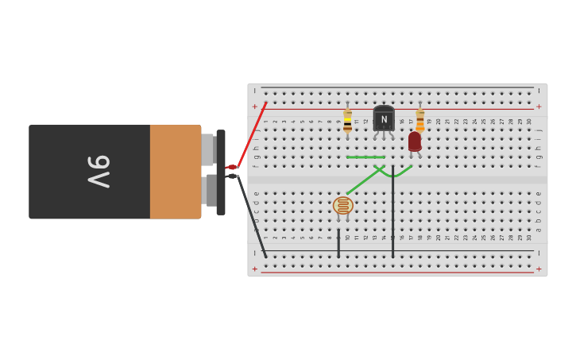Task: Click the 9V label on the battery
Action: click(x=99, y=172)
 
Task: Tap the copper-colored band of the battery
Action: click(x=176, y=172)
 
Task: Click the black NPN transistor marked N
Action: click(x=384, y=119)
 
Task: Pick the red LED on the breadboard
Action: click(x=415, y=141)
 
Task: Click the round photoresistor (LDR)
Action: click(x=342, y=206)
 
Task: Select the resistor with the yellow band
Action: click(x=347, y=122)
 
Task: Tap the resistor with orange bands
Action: click(x=420, y=121)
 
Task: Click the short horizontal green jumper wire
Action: click(x=365, y=157)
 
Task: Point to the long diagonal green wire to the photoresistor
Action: click(x=361, y=182)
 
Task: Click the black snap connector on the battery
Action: click(x=221, y=172)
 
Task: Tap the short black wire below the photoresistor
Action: click(x=338, y=243)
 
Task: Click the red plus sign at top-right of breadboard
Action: click(x=539, y=106)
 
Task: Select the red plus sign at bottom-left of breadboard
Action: click(x=255, y=269)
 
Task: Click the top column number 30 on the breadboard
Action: click(x=529, y=122)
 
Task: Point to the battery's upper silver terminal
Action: click(x=207, y=149)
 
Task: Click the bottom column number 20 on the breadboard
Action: click(x=438, y=238)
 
